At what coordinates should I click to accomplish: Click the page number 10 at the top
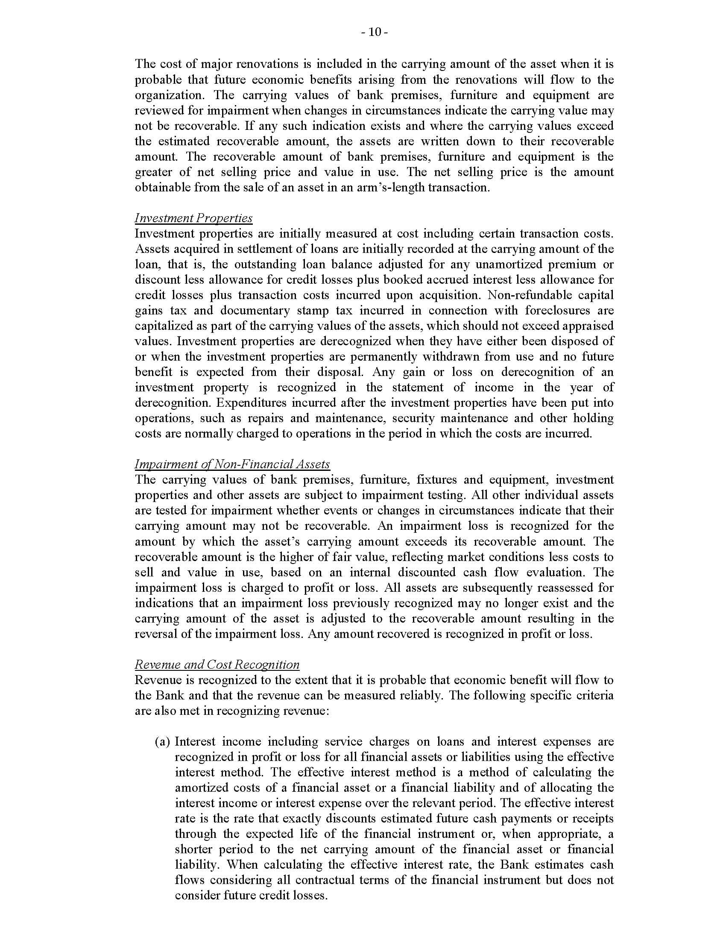375,32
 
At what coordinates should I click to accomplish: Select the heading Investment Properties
193,218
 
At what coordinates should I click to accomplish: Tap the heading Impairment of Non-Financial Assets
232,464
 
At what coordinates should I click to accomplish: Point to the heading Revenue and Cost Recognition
217,664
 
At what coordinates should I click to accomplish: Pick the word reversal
158,634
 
